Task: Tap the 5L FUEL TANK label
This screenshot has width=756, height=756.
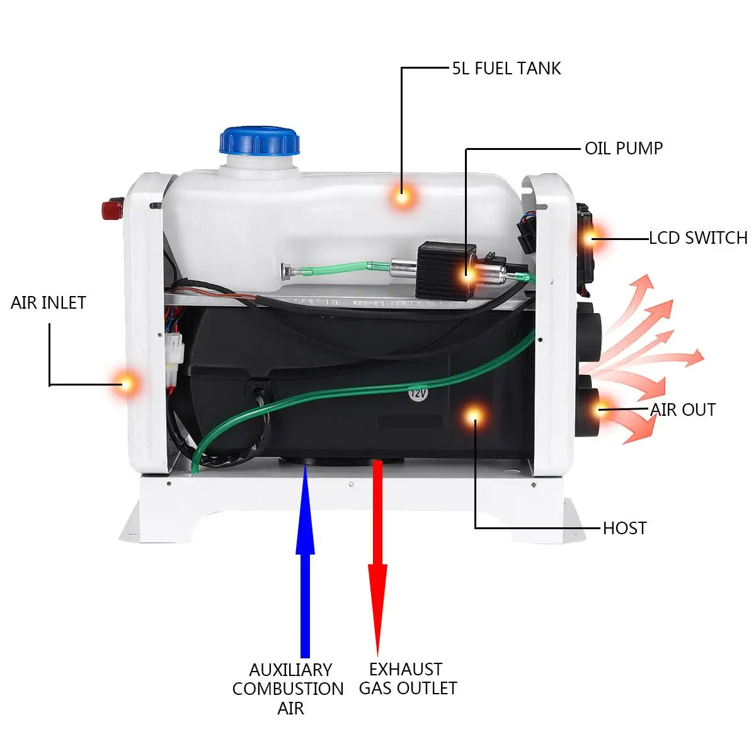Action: click(506, 69)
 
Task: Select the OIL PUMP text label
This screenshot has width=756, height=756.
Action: click(624, 149)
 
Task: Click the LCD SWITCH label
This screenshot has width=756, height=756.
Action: click(698, 238)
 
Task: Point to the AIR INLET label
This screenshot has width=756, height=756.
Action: click(48, 303)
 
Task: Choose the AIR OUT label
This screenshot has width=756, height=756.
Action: click(683, 410)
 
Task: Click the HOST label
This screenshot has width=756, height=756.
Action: click(624, 528)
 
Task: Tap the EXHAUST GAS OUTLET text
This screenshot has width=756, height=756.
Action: click(408, 679)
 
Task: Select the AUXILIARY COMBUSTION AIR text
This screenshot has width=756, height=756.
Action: click(289, 689)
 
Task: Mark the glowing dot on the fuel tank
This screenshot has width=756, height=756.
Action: click(403, 197)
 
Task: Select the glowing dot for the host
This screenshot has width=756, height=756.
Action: click(473, 415)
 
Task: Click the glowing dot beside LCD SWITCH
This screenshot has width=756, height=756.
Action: click(591, 238)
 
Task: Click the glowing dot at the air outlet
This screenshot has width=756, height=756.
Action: click(600, 409)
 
